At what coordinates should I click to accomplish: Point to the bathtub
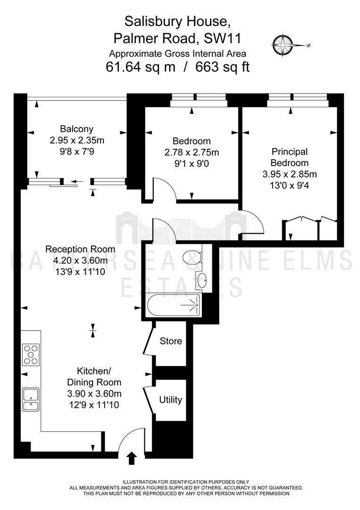pyautogui.click(x=174, y=305)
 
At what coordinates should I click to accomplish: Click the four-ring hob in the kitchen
pyautogui.click(x=31, y=355)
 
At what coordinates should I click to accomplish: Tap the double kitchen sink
pyautogui.click(x=31, y=399)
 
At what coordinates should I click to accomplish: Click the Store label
pyautogui.click(x=171, y=341)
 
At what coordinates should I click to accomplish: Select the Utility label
pyautogui.click(x=171, y=399)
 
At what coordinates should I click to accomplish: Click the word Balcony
pyautogui.click(x=77, y=129)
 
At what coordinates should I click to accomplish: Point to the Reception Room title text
pyautogui.click(x=80, y=249)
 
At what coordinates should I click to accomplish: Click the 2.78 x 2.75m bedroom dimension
pyautogui.click(x=192, y=152)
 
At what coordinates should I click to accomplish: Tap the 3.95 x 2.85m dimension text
pyautogui.click(x=290, y=174)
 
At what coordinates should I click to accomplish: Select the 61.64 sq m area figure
pyautogui.click(x=141, y=68)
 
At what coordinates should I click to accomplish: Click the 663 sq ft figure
pyautogui.click(x=222, y=68)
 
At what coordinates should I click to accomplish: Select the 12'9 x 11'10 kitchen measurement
pyautogui.click(x=93, y=405)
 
